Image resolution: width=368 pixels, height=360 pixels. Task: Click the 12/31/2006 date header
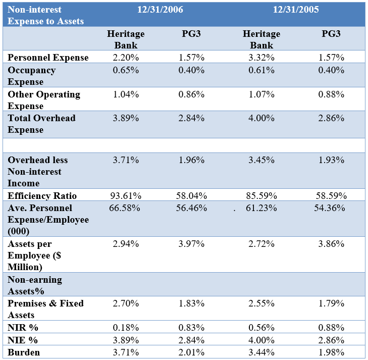[x=161, y=10]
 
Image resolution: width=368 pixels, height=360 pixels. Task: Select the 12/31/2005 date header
[x=296, y=10]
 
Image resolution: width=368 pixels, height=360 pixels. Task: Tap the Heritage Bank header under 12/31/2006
[x=126, y=39]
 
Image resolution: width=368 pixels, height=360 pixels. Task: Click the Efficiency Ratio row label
[x=42, y=196]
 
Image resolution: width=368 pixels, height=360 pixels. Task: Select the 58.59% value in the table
[x=331, y=196]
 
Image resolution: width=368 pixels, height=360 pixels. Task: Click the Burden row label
[x=24, y=352]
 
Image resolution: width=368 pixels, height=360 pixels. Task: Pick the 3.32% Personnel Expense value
[x=262, y=58]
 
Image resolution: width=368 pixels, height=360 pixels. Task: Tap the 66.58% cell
[x=125, y=208]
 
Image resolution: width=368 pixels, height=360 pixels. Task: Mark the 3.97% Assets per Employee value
[x=192, y=244]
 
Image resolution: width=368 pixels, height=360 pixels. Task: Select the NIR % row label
[x=23, y=328]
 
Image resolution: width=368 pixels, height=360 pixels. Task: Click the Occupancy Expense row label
[x=32, y=76]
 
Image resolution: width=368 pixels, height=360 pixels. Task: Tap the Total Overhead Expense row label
[x=41, y=124]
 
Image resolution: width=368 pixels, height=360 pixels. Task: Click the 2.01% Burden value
[x=192, y=352]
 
